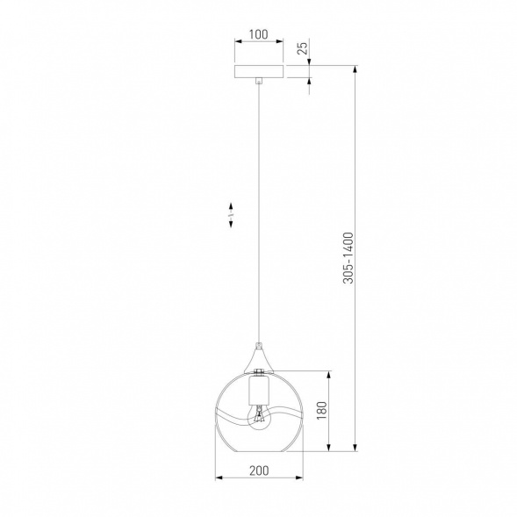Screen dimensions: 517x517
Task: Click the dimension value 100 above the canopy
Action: (258, 35)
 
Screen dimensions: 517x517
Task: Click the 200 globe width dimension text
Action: (258, 470)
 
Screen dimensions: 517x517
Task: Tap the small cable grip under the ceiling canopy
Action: (258, 83)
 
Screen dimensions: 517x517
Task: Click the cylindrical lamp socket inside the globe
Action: (258, 385)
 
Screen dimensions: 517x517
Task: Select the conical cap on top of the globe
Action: (258, 358)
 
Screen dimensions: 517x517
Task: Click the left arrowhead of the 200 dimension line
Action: (219, 478)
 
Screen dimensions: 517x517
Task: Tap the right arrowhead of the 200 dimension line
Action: (298, 478)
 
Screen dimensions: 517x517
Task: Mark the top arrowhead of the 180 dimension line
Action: (329, 372)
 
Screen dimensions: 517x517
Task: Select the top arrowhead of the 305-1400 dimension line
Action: (355, 68)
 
